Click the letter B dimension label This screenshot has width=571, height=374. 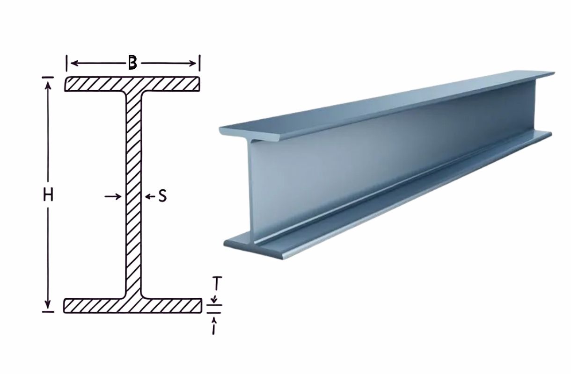[x=132, y=62]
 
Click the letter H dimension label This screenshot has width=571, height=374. [x=48, y=195]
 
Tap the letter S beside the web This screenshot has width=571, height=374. [x=162, y=196]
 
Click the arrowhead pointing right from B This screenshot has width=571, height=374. [x=192, y=63]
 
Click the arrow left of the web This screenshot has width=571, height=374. [x=113, y=196]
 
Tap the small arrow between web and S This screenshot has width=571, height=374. [x=150, y=196]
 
